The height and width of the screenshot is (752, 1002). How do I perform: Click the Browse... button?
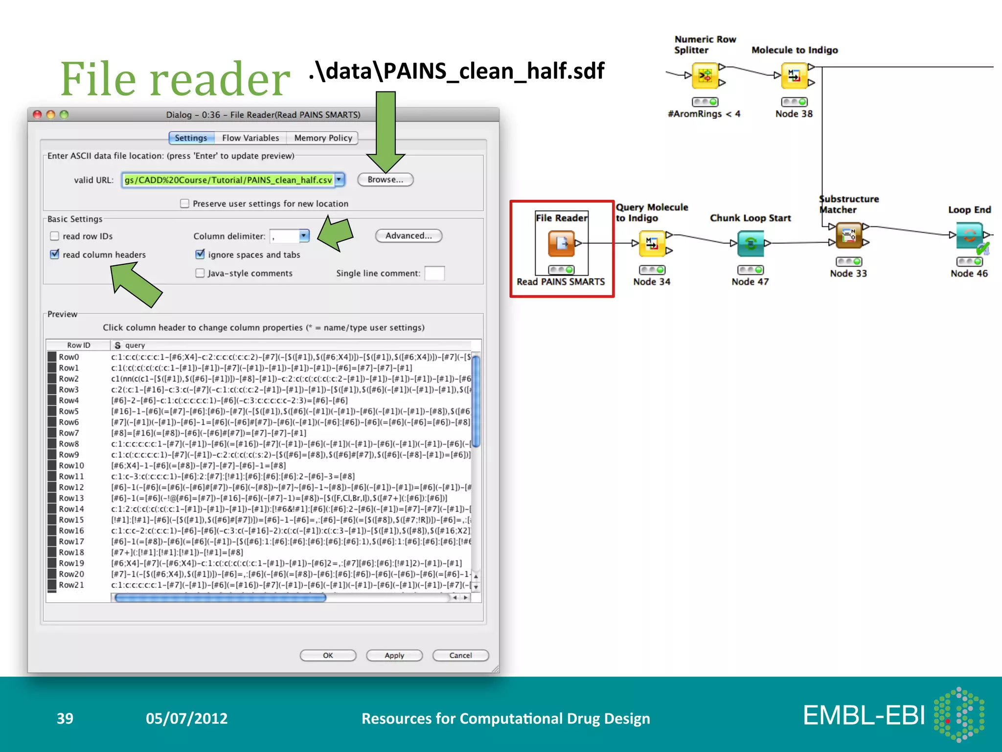[385, 180]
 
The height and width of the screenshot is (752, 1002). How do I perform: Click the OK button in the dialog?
[328, 656]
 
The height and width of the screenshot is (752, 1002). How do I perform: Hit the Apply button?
[394, 656]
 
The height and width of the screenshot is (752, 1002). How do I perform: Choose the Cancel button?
[460, 656]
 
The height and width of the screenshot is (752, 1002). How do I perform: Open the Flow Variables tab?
[250, 138]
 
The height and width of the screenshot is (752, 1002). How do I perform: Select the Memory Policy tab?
[323, 138]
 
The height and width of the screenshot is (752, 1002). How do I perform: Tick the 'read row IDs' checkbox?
[55, 236]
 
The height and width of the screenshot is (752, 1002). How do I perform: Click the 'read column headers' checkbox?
[55, 254]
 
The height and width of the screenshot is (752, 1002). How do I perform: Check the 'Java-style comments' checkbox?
[200, 273]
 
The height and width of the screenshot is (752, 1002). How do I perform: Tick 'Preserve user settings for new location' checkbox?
[184, 203]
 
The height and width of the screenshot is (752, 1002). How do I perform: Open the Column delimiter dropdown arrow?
[304, 236]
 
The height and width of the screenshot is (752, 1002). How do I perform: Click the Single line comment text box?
[434, 273]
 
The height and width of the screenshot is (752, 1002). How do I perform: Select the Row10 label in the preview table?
[71, 466]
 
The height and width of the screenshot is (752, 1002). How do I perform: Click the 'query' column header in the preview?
[135, 345]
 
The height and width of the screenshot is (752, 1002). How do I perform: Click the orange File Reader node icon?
[561, 243]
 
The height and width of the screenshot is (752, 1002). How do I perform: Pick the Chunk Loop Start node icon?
[750, 243]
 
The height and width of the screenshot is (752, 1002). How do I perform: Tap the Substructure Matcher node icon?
[849, 235]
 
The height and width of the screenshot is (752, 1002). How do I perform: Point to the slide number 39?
[65, 718]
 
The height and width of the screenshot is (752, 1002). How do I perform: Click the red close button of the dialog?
[37, 115]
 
